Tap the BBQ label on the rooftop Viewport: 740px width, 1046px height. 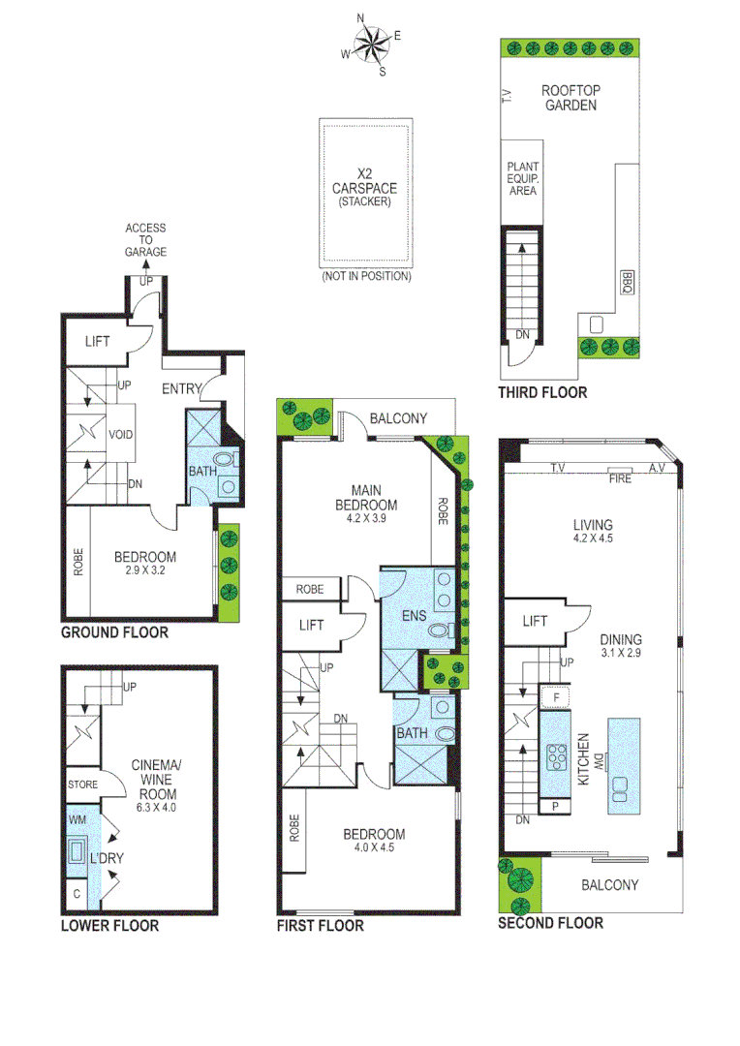(626, 283)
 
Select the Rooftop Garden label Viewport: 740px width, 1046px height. (570, 98)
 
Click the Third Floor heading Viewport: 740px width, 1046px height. (542, 392)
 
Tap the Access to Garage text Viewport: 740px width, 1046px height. (145, 240)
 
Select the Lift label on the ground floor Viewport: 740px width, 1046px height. (98, 341)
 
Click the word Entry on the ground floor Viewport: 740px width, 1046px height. (181, 389)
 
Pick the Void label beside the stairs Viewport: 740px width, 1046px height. (121, 434)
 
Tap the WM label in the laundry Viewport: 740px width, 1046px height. (77, 819)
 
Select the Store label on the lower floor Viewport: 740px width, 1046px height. (81, 784)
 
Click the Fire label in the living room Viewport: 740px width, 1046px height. (619, 477)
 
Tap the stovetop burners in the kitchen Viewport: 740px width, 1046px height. (558, 754)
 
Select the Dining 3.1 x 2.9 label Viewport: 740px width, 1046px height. (620, 646)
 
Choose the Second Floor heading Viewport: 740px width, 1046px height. (550, 923)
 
